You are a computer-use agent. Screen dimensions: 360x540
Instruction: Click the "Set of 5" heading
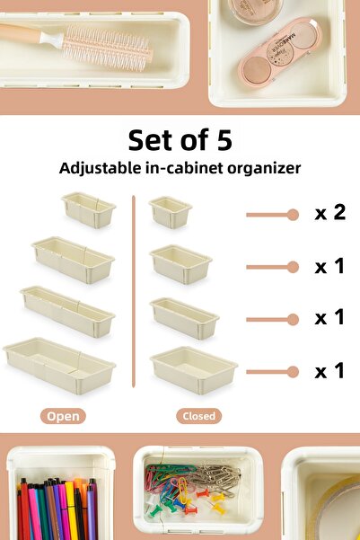(180, 140)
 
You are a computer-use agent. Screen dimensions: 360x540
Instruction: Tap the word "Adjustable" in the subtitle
(101, 168)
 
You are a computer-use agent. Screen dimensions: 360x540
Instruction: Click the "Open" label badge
(63, 416)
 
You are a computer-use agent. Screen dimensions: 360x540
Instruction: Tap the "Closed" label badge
(199, 416)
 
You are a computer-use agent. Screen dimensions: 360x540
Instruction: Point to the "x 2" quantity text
(330, 212)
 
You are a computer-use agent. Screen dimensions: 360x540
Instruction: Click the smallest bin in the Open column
(89, 210)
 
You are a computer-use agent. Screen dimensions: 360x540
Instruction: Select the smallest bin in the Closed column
(171, 212)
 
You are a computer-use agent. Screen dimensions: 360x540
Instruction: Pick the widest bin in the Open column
(59, 365)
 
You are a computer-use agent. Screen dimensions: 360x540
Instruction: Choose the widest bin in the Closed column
(193, 370)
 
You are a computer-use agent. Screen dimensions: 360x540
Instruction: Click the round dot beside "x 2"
(293, 215)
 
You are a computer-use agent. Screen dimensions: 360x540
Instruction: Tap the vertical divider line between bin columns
(134, 291)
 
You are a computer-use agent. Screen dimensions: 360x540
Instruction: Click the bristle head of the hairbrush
(108, 49)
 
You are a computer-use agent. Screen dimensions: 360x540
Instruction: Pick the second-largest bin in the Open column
(68, 311)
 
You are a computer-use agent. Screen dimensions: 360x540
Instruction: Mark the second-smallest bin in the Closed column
(180, 264)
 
